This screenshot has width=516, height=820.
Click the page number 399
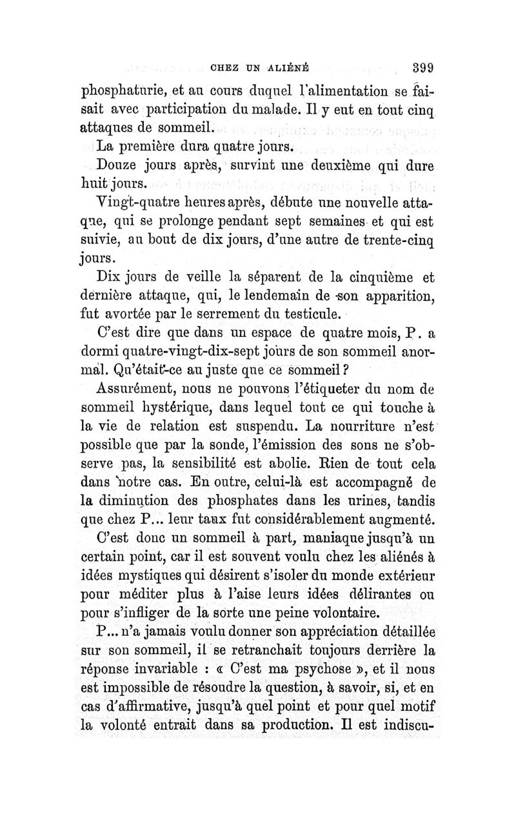click(x=421, y=64)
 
